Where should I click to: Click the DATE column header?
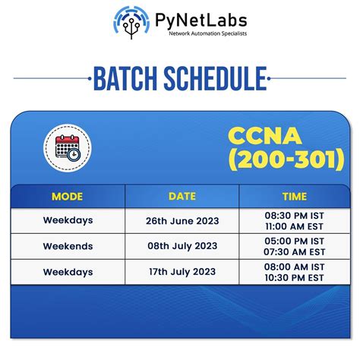[182, 197]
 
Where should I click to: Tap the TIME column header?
[294, 197]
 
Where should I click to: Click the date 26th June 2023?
[182, 221]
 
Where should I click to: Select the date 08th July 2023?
[182, 247]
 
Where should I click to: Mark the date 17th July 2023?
[182, 272]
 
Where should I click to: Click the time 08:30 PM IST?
[294, 216]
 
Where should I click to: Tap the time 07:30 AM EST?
[294, 252]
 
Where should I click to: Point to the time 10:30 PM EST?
[294, 278]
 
